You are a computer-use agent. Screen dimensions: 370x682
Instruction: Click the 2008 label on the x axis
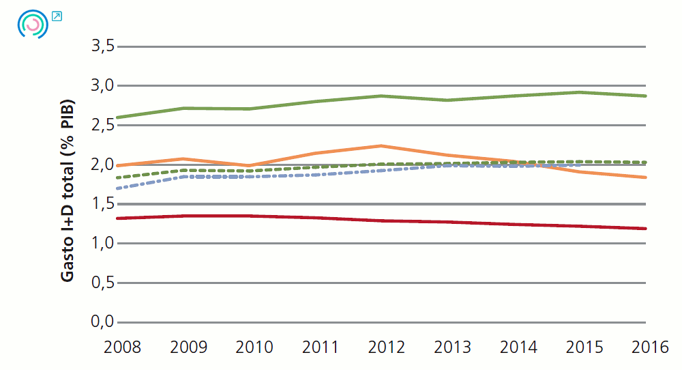point(122,347)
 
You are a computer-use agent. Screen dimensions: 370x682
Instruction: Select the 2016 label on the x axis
point(650,347)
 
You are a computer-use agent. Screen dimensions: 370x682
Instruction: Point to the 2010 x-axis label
point(254,347)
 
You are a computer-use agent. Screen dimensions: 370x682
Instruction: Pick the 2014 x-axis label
point(518,347)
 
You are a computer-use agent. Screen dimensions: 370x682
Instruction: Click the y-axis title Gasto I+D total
point(68,191)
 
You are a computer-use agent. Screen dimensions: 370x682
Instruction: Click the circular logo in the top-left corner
point(32,25)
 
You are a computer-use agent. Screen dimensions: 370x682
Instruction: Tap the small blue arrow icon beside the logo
point(57,16)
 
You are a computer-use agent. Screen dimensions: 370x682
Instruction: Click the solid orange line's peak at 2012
point(381,146)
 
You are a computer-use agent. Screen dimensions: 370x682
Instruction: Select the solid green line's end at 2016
point(645,96)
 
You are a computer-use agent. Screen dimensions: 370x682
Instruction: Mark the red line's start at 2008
point(118,218)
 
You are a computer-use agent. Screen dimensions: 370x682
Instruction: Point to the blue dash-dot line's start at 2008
point(118,188)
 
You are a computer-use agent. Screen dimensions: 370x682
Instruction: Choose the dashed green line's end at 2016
point(645,162)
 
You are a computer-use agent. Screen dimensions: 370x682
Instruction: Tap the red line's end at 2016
point(645,229)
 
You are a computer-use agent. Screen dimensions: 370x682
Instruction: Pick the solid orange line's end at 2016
point(645,177)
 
